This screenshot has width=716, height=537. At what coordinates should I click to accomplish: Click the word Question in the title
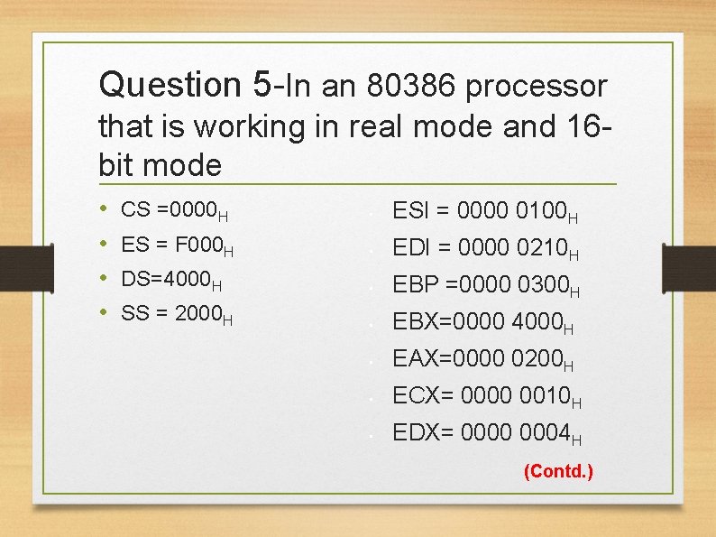[170, 86]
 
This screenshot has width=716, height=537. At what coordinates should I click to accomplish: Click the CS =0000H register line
[174, 211]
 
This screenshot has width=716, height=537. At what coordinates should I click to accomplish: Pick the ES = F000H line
[177, 245]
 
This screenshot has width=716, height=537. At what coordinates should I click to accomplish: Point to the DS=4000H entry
[171, 280]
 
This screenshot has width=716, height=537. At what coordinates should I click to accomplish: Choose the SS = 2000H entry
[177, 314]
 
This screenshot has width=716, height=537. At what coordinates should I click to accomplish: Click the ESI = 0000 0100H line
[485, 213]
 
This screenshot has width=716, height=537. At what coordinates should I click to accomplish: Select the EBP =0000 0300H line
[485, 286]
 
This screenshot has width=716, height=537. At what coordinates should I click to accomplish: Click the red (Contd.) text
[558, 471]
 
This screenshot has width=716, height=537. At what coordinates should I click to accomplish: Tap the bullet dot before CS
[106, 210]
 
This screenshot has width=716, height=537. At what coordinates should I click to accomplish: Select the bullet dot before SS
[106, 313]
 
